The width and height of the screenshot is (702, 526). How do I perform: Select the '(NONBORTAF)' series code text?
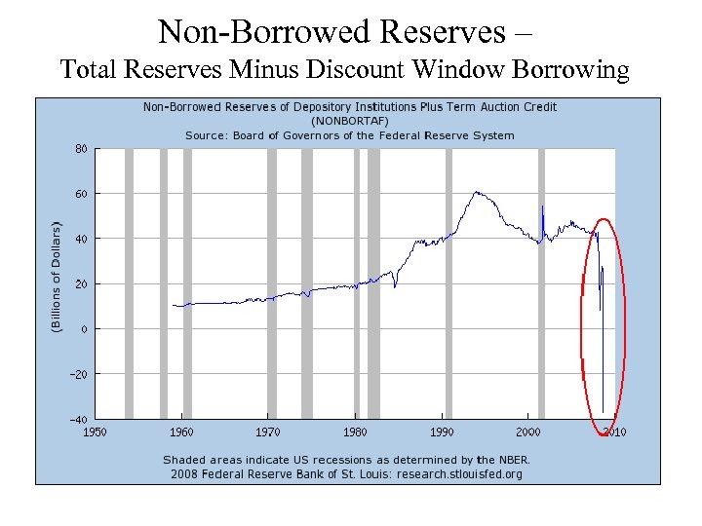[x=350, y=121]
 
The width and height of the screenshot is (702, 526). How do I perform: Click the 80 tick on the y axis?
[x=81, y=149]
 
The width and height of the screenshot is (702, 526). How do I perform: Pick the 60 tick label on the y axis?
[x=81, y=194]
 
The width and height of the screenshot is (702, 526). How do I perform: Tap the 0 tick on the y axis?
[x=84, y=329]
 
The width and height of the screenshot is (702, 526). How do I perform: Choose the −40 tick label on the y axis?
[x=79, y=419]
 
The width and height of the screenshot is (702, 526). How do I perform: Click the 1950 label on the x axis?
[x=96, y=432]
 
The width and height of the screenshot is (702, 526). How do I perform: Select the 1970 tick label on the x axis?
[x=268, y=432]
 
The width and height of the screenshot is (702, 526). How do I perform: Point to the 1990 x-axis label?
[x=442, y=432]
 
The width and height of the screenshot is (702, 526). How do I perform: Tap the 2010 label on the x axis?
[x=614, y=432]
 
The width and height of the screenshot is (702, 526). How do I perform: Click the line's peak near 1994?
[x=477, y=192]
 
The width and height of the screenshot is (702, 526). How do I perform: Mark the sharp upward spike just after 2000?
[x=543, y=207]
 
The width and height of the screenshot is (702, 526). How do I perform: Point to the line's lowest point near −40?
[x=603, y=411]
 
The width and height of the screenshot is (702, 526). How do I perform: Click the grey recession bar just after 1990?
[x=448, y=282]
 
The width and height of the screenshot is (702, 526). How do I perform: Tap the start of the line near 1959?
[x=173, y=305]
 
